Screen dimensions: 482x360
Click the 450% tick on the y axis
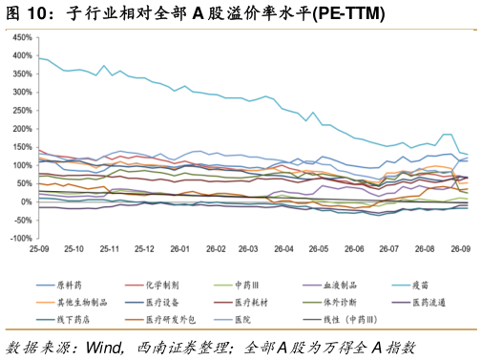click(x=22, y=37)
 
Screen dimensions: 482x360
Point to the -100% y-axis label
click(x=21, y=239)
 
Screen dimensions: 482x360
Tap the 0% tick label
click(x=27, y=201)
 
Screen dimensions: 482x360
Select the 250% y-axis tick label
click(x=22, y=111)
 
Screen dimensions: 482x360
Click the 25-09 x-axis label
click(x=39, y=248)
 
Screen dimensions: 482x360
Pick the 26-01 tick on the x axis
click(x=179, y=248)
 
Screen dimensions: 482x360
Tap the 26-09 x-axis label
click(x=460, y=248)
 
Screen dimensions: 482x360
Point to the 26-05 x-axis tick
click(x=319, y=248)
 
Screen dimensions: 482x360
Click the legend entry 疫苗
click(x=410, y=286)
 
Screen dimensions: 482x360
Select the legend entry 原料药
click(x=59, y=286)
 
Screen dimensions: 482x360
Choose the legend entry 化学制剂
click(x=152, y=286)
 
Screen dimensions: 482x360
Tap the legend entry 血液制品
click(x=330, y=286)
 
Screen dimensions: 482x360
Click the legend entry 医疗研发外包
click(x=160, y=319)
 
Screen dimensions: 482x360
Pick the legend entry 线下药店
click(x=63, y=319)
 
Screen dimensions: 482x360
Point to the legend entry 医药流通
click(x=419, y=303)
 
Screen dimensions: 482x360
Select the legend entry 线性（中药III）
click(x=341, y=319)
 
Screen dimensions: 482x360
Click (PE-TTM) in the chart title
click(x=348, y=13)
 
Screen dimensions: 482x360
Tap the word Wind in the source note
click(x=104, y=348)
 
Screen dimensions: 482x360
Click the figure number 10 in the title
click(x=37, y=13)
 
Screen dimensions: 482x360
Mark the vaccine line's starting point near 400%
click(x=39, y=58)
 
